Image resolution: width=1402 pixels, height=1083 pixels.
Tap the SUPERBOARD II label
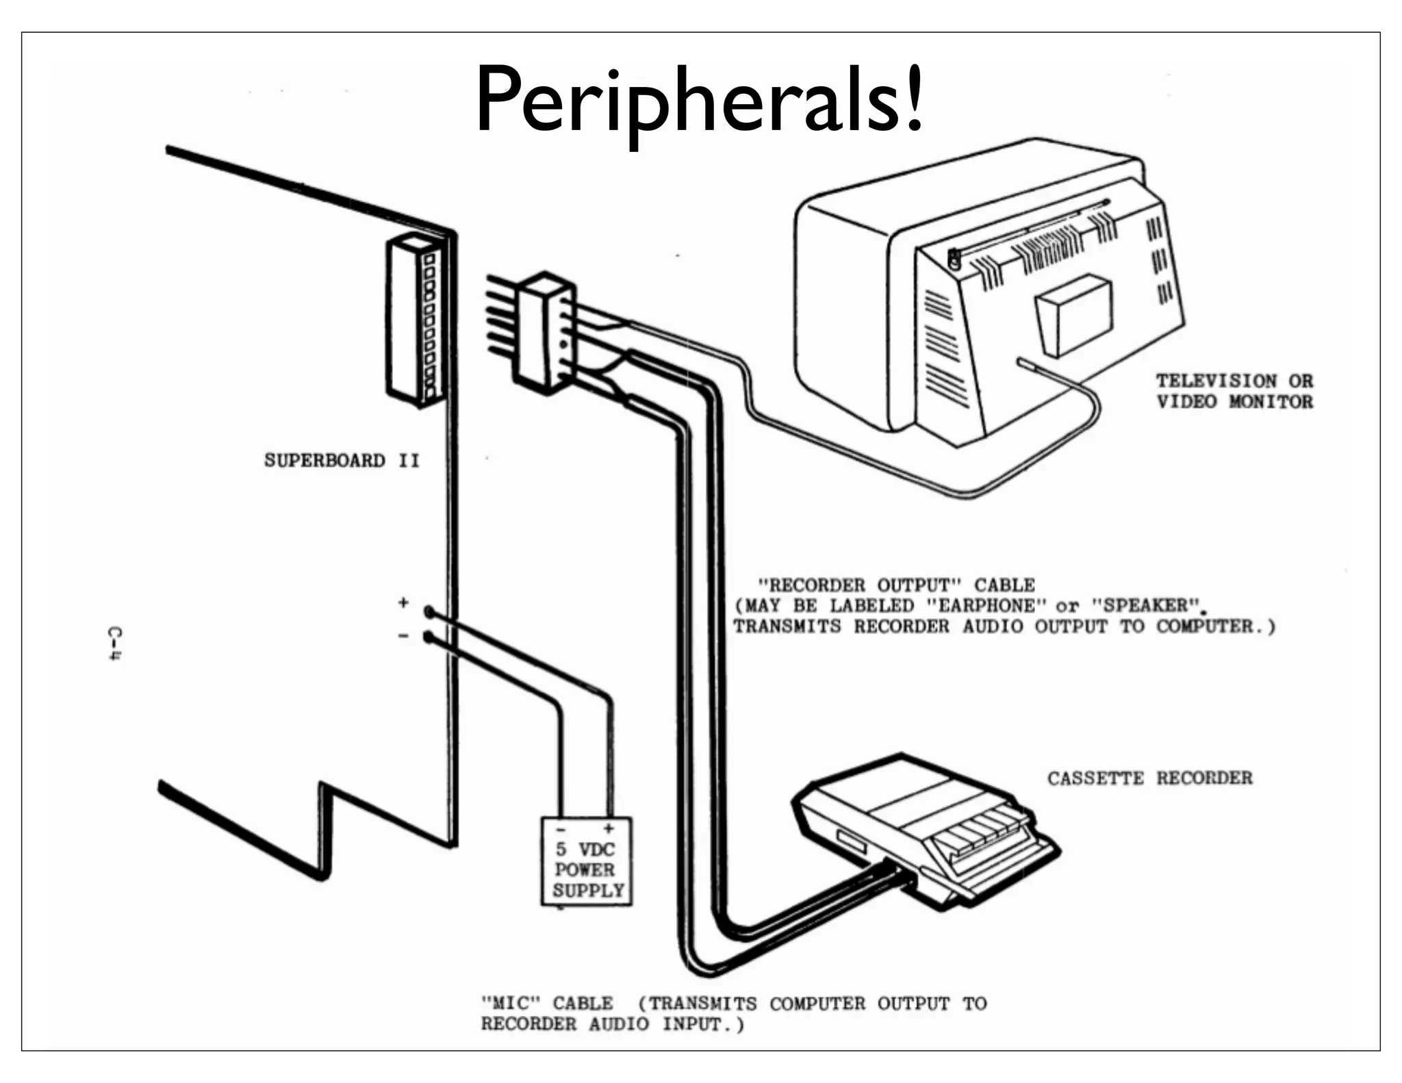[x=342, y=460]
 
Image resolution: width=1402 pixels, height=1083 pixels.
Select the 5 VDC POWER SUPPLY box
[x=587, y=862]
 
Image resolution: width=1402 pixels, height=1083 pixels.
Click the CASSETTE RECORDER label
[x=1149, y=778]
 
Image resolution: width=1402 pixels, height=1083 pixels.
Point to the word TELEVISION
[x=1216, y=381]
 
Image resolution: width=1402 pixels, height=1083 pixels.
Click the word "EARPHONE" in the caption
[x=986, y=606]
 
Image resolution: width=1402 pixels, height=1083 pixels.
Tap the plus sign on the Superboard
[x=404, y=602]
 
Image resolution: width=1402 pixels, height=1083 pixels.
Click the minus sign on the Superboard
[x=404, y=636]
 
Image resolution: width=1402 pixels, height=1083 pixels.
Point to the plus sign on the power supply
[x=608, y=829]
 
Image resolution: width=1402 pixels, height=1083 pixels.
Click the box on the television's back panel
[x=1073, y=315]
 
